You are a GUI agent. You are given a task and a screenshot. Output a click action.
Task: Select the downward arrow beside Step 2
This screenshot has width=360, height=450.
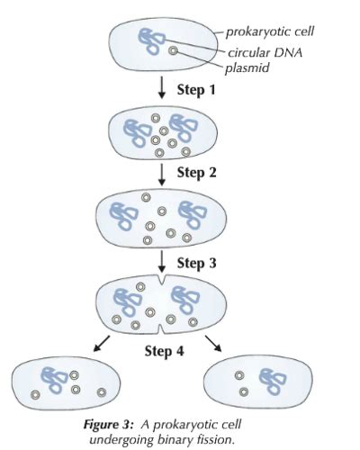[x=161, y=172]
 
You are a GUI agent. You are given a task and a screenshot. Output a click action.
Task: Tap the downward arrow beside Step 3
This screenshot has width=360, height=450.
[x=161, y=263]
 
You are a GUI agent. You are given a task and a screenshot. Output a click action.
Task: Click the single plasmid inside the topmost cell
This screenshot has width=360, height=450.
[x=173, y=52]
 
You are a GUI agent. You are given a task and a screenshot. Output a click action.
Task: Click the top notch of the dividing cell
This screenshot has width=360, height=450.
[x=161, y=283]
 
